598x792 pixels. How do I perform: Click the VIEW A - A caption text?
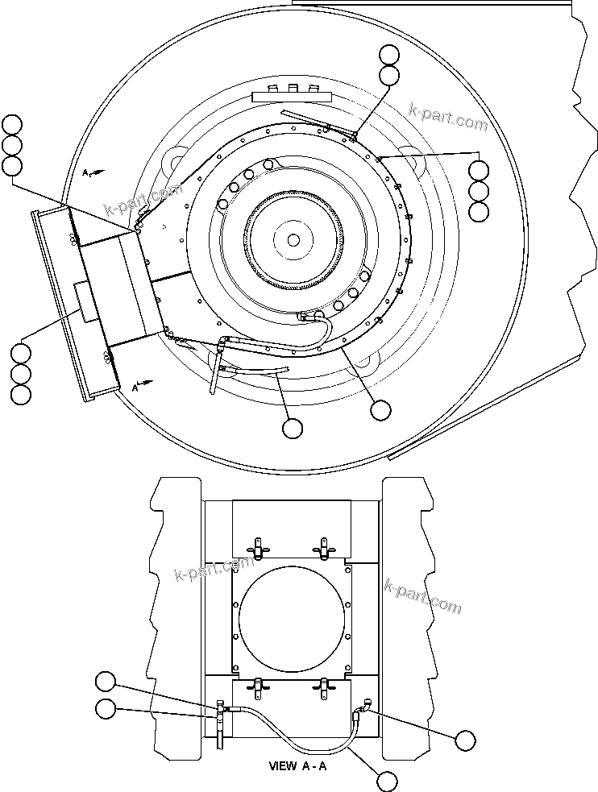coord(297,766)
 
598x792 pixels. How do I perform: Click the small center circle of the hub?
coord(293,239)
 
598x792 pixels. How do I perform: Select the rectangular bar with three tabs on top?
coord(293,96)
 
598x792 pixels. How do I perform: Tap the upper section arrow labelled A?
coord(91,172)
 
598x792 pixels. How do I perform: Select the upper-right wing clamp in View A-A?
coord(325,549)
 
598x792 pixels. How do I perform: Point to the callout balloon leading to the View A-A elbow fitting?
coord(465,740)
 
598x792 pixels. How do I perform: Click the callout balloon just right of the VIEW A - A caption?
coord(388,780)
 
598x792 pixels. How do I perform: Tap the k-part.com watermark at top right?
coord(448,116)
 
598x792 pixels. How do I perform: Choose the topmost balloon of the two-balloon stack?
coord(389,55)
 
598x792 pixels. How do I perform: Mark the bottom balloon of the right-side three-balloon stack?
coord(479,213)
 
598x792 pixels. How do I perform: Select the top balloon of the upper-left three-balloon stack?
coord(12,124)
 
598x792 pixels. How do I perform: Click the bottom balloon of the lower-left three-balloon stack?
coord(20,395)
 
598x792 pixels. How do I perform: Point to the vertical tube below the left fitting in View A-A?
coord(219,736)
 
